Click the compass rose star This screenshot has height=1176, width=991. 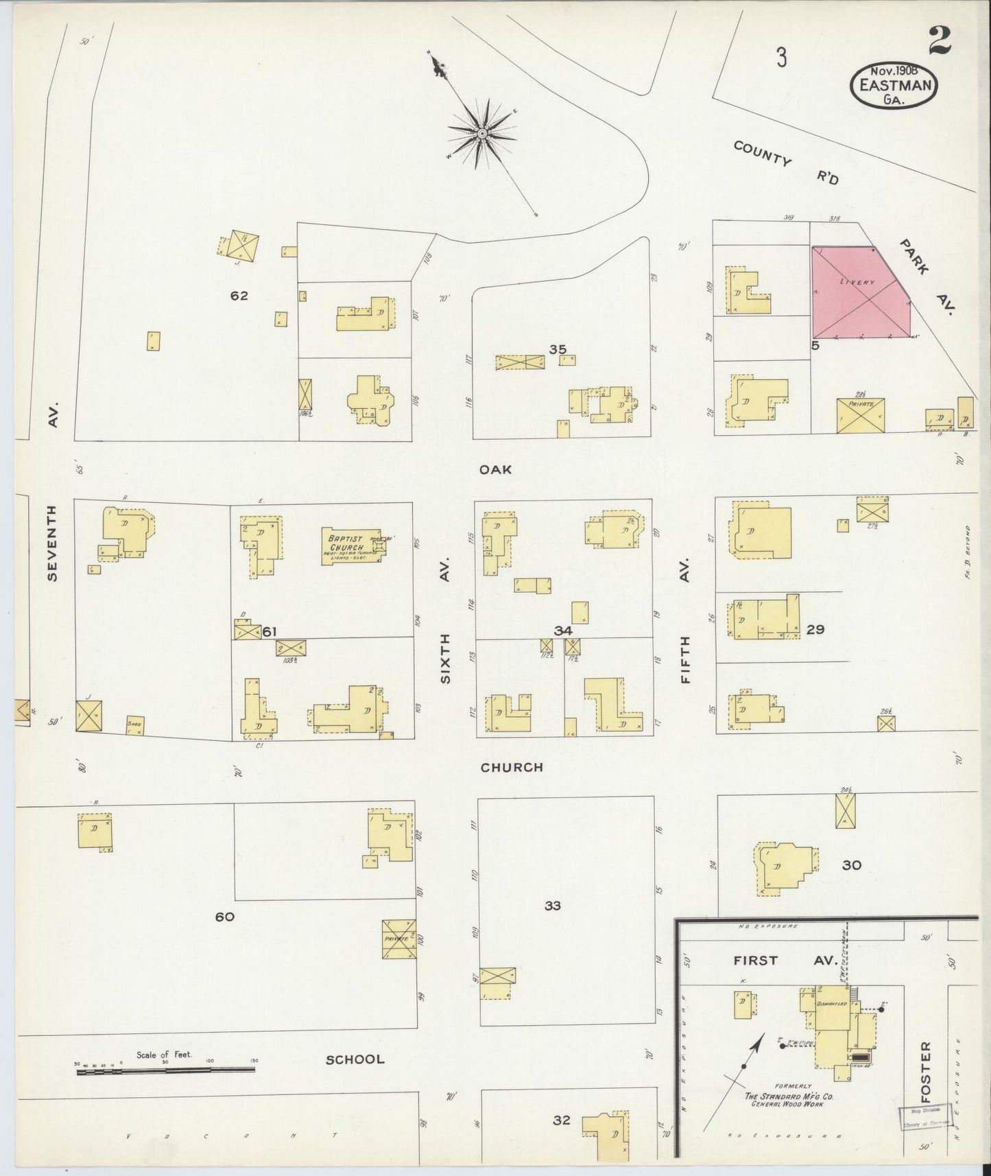(x=482, y=133)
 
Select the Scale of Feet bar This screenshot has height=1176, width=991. (x=165, y=1069)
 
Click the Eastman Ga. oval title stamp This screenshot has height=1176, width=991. (x=894, y=85)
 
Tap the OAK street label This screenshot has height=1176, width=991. (x=496, y=469)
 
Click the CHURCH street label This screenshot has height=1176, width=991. (x=512, y=767)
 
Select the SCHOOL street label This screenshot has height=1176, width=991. (x=355, y=1059)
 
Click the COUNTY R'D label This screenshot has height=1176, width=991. (x=785, y=162)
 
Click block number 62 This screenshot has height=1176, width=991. (x=239, y=296)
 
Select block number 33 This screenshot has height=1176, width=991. (x=552, y=906)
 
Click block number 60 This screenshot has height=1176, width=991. (x=225, y=917)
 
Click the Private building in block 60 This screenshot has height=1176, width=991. (x=398, y=939)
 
